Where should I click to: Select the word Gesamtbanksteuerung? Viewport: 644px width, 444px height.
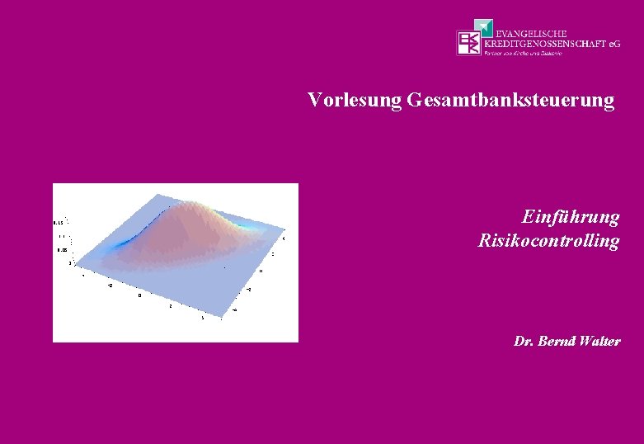tap(510, 101)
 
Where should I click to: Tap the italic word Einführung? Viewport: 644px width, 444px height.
tap(570, 217)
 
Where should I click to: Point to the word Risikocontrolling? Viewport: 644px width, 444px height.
tap(548, 241)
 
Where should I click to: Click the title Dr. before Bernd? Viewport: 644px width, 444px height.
tap(523, 341)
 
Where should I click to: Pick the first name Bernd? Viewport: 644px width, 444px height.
tap(557, 341)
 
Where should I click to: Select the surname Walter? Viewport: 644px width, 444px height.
tap(602, 341)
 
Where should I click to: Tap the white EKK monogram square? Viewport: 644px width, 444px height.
tap(468, 43)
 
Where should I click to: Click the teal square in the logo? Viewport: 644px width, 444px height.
tap(487, 28)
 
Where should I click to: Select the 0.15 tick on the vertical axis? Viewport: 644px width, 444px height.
tap(59, 223)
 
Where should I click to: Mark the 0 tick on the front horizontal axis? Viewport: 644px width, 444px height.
tap(139, 294)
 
